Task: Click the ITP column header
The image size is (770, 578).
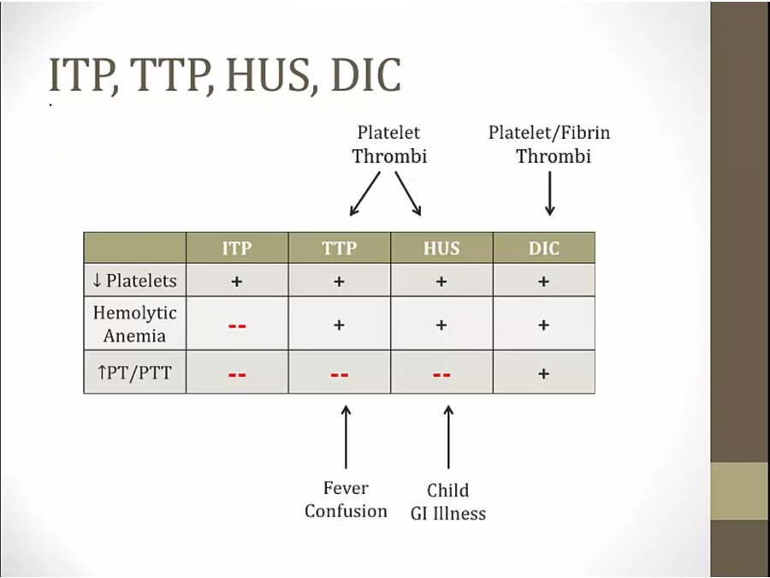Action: (237, 248)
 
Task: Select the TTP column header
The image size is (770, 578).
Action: (340, 248)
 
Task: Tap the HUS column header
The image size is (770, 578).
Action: (441, 248)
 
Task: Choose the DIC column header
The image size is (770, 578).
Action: (543, 248)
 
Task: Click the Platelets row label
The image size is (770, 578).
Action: (134, 281)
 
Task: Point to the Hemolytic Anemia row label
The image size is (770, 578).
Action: (134, 325)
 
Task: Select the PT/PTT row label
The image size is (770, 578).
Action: (134, 373)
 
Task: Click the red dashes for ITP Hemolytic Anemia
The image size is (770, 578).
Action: (237, 326)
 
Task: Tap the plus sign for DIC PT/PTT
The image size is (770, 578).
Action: (543, 374)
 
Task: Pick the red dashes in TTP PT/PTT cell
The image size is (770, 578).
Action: (340, 375)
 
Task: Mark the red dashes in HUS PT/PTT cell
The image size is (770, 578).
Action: (441, 375)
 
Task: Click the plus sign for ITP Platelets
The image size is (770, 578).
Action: (237, 282)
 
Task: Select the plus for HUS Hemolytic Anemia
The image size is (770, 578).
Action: (441, 325)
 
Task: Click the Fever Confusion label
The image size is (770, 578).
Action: (346, 499)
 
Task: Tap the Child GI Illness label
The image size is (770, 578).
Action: (448, 502)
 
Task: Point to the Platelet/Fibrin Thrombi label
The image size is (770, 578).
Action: (549, 144)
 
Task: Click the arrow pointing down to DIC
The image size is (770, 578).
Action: (550, 194)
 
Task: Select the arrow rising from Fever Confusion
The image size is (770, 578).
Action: (346, 437)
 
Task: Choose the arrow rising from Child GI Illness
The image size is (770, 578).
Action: (448, 437)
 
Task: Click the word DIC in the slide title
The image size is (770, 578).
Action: (366, 75)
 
